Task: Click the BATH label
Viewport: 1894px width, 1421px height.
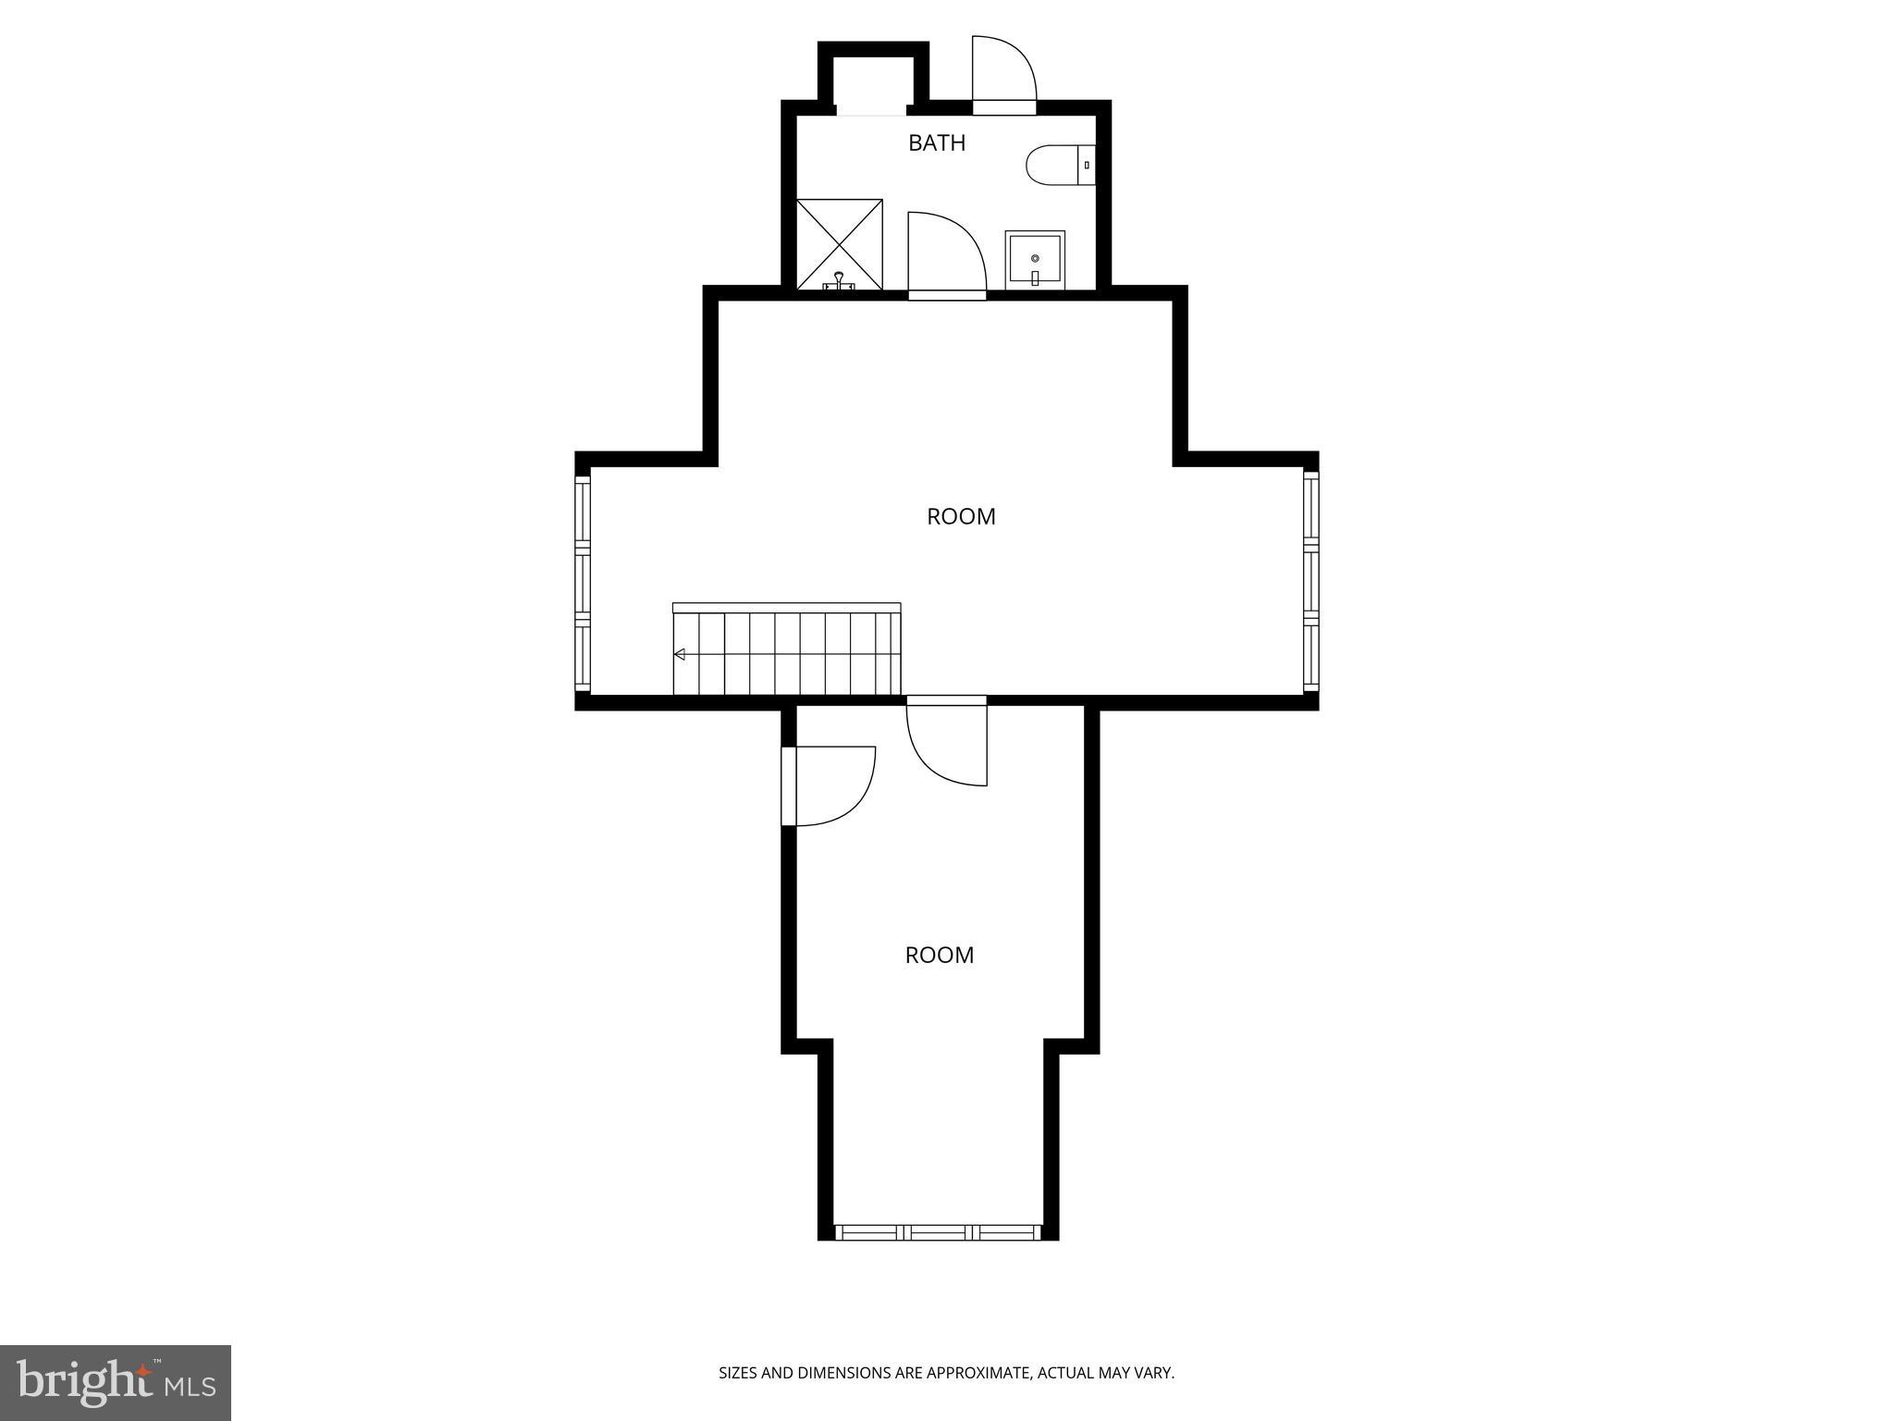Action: coord(936,143)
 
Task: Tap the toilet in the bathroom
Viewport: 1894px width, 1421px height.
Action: coord(1059,165)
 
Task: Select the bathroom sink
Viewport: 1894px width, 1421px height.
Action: coord(1035,259)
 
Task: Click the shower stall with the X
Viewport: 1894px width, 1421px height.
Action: coord(839,242)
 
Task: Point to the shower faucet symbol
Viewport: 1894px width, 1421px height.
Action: coord(839,280)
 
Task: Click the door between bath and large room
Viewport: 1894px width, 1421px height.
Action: coord(946,254)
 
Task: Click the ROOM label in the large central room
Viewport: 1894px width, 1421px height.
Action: coord(961,517)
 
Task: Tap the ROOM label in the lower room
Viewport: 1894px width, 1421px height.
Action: coord(939,956)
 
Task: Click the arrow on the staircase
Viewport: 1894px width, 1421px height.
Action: coord(680,655)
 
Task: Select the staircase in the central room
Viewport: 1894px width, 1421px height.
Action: coord(786,650)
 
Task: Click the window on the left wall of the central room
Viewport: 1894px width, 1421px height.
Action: coord(583,582)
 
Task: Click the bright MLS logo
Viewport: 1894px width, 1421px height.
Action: coord(115,1382)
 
